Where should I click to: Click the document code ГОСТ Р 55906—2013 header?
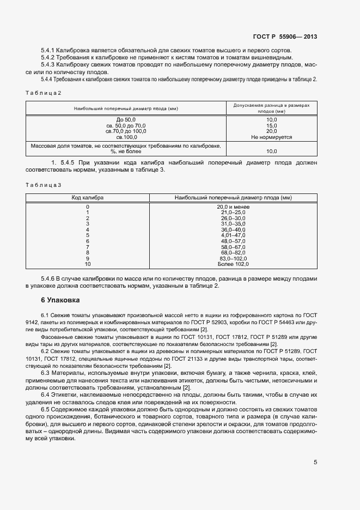click(285, 37)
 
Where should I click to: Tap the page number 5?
click(316, 463)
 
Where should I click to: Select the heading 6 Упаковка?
click(60, 300)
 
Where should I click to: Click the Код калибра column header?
click(88, 197)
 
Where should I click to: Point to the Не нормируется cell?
click(271, 137)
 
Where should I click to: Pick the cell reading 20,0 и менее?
click(233, 207)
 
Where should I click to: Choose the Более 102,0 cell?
click(233, 264)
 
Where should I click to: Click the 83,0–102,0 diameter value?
click(233, 258)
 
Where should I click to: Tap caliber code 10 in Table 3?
click(88, 264)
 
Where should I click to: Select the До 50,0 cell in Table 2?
click(126, 119)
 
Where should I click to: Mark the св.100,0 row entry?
click(126, 137)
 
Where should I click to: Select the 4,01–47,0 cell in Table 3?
click(233, 235)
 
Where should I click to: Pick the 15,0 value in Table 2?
click(271, 125)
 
